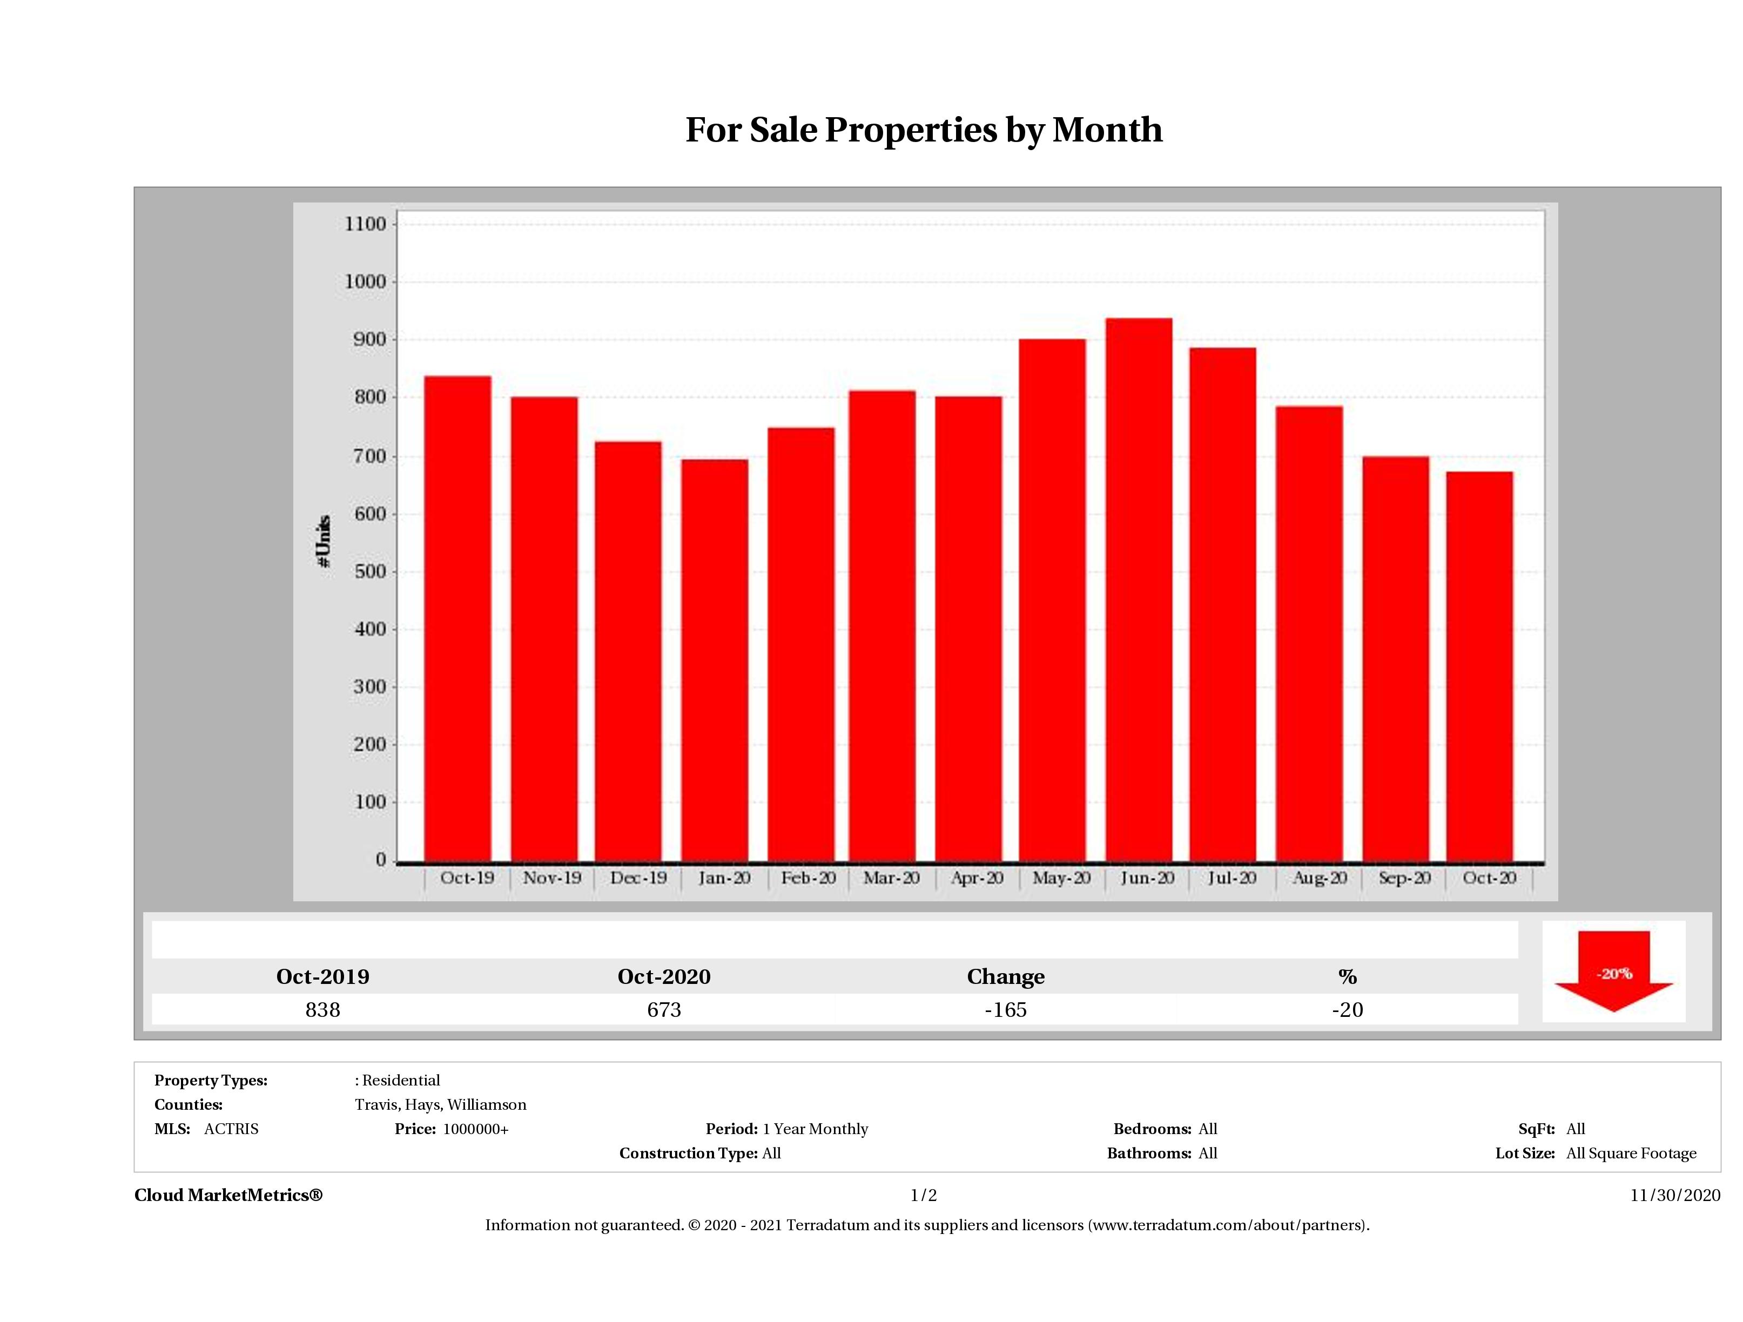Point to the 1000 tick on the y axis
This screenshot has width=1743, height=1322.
[x=366, y=282]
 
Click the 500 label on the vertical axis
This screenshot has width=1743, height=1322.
[x=369, y=571]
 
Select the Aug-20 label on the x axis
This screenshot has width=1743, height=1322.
[x=1319, y=878]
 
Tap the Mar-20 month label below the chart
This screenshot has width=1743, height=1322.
[x=891, y=878]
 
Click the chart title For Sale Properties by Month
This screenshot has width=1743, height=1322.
[x=924, y=130]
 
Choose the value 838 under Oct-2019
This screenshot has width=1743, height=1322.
[x=322, y=1010]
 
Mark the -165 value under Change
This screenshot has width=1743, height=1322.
[x=1006, y=1010]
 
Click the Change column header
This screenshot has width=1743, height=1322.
[x=1006, y=977]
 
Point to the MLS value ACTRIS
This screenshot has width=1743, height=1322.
[x=231, y=1129]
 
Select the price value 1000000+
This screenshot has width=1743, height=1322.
[x=475, y=1129]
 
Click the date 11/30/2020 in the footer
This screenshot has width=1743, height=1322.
[x=1675, y=1195]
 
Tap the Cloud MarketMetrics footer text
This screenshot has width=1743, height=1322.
[x=228, y=1195]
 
